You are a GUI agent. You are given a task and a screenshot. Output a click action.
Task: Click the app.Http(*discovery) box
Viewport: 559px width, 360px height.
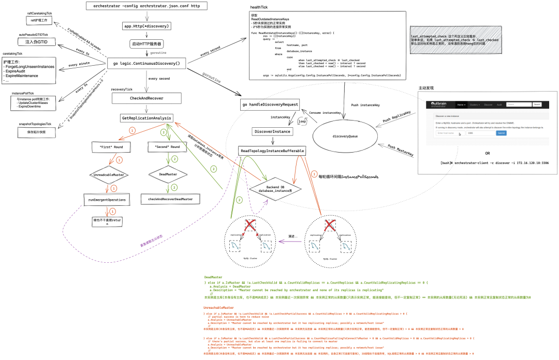(x=146, y=26)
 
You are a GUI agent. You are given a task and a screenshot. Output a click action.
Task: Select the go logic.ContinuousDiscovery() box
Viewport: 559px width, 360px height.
(x=146, y=63)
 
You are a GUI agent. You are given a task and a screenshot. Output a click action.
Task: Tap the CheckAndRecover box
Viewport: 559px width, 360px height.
(x=147, y=98)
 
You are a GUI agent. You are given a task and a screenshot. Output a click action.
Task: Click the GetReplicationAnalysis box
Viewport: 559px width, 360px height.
(x=147, y=117)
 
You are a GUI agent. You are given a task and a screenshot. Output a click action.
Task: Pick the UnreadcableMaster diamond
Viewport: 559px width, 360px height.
(x=111, y=175)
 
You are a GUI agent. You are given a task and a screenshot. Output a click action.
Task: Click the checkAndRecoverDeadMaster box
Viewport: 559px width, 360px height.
(x=170, y=199)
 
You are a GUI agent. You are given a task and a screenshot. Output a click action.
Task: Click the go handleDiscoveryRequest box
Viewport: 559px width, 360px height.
(x=270, y=105)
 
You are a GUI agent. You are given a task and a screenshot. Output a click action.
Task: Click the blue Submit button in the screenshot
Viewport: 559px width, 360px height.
(x=501, y=132)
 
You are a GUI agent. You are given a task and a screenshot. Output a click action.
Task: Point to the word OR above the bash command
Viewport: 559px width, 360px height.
(x=487, y=153)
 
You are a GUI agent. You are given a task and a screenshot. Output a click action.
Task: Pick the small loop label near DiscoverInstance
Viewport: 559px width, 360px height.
(x=303, y=121)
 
